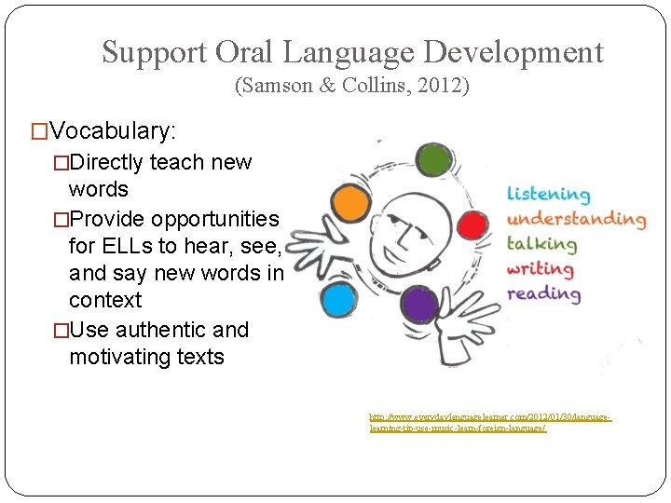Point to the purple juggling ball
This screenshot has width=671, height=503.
point(420,306)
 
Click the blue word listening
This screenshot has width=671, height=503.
point(548,195)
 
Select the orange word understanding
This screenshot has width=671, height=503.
point(575,220)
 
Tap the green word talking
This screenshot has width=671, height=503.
point(541,244)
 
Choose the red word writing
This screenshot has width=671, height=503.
point(540,269)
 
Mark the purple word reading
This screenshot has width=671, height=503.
point(543,293)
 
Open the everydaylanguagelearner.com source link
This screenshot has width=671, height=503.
point(489,423)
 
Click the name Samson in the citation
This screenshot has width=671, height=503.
point(277,87)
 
